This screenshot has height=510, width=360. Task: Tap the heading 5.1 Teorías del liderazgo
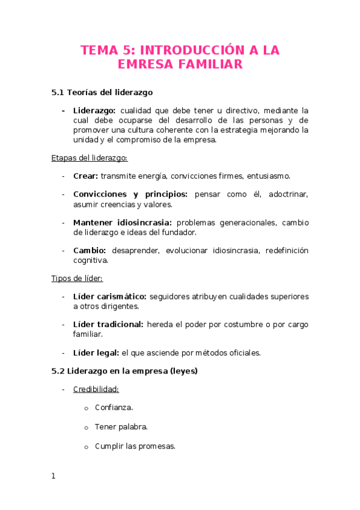pyautogui.click(x=102, y=93)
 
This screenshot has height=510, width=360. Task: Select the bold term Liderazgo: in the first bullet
pyautogui.click(x=94, y=111)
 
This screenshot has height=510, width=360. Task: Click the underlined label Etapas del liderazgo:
pyautogui.click(x=88, y=158)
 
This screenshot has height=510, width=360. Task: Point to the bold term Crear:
pyautogui.click(x=86, y=176)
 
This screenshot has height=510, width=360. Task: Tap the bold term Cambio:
pyautogui.click(x=90, y=250)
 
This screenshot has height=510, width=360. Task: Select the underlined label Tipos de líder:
pyautogui.click(x=77, y=278)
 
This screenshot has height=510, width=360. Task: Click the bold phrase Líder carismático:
pyautogui.click(x=110, y=296)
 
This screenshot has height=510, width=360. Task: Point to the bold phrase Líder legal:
pyautogui.click(x=96, y=353)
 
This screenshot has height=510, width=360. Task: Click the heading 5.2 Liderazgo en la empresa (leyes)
pyautogui.click(x=124, y=371)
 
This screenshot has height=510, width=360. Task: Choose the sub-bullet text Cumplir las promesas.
pyautogui.click(x=135, y=446)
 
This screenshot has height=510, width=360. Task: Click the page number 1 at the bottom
pyautogui.click(x=53, y=476)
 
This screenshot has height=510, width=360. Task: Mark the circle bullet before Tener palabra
pyautogui.click(x=87, y=428)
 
